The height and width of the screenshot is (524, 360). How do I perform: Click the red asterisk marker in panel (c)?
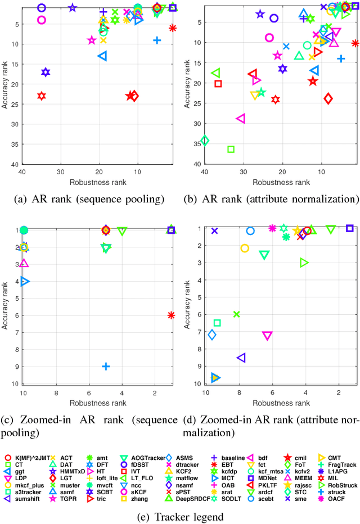(172, 315)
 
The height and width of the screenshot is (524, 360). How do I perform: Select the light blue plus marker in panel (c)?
(106, 367)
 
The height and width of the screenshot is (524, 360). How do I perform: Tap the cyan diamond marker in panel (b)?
(205, 140)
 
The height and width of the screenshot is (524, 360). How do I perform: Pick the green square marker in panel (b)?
(231, 149)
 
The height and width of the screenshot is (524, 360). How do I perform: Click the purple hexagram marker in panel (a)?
(46, 72)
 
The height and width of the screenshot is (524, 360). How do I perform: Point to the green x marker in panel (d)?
(236, 314)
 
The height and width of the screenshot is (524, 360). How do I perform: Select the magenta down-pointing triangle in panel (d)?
(267, 336)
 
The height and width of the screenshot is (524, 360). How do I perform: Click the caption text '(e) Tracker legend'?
(180, 516)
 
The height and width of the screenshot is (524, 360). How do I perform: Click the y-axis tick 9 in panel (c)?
(15, 367)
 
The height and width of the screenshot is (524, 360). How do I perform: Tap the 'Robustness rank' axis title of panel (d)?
(281, 403)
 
